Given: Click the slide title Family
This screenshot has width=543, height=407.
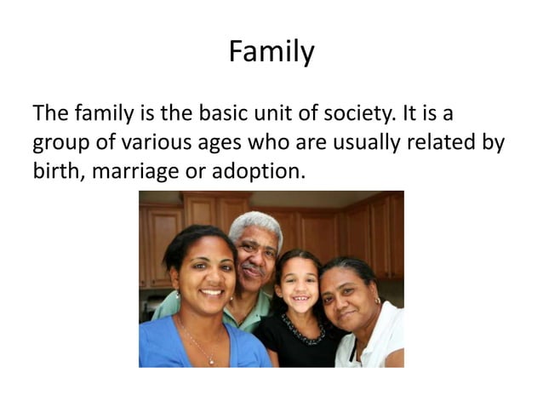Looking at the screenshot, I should [x=271, y=53].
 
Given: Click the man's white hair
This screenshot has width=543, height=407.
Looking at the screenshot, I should [x=255, y=224].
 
